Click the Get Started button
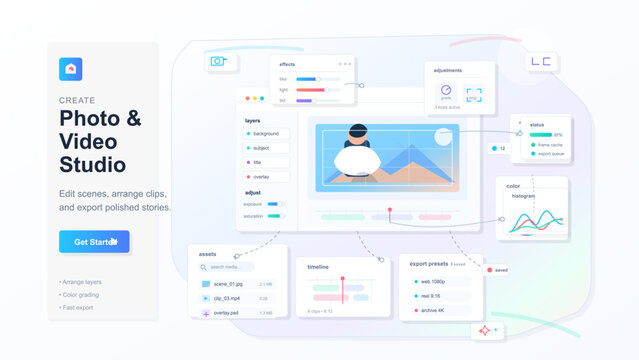click(94, 241)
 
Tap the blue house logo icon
click(71, 68)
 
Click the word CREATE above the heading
click(77, 101)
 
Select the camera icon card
click(217, 61)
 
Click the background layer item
click(265, 133)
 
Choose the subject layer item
click(265, 148)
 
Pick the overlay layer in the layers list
click(265, 176)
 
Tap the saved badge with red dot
click(497, 270)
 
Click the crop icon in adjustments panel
click(474, 94)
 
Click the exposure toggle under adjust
click(273, 203)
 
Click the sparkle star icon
click(485, 330)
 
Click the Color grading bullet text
click(82, 295)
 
